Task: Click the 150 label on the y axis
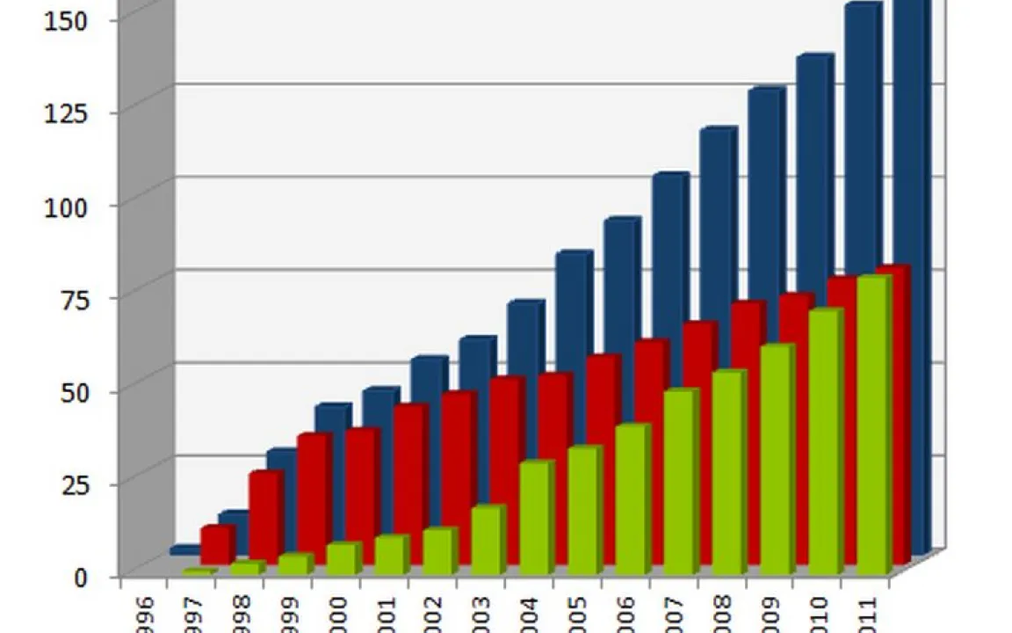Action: tap(65, 18)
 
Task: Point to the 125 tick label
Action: tap(65, 112)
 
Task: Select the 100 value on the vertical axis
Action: tap(65, 205)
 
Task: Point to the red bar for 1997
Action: tap(215, 545)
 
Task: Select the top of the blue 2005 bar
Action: tap(574, 258)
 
